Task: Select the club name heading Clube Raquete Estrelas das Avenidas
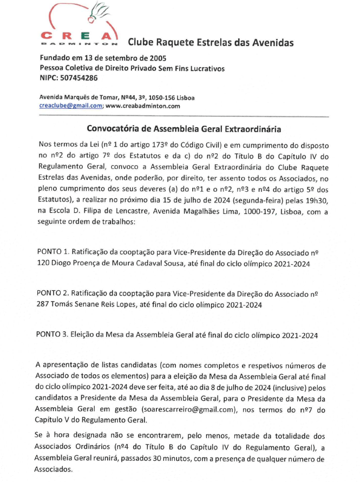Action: point(210,42)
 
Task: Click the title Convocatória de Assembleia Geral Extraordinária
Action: point(184,129)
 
